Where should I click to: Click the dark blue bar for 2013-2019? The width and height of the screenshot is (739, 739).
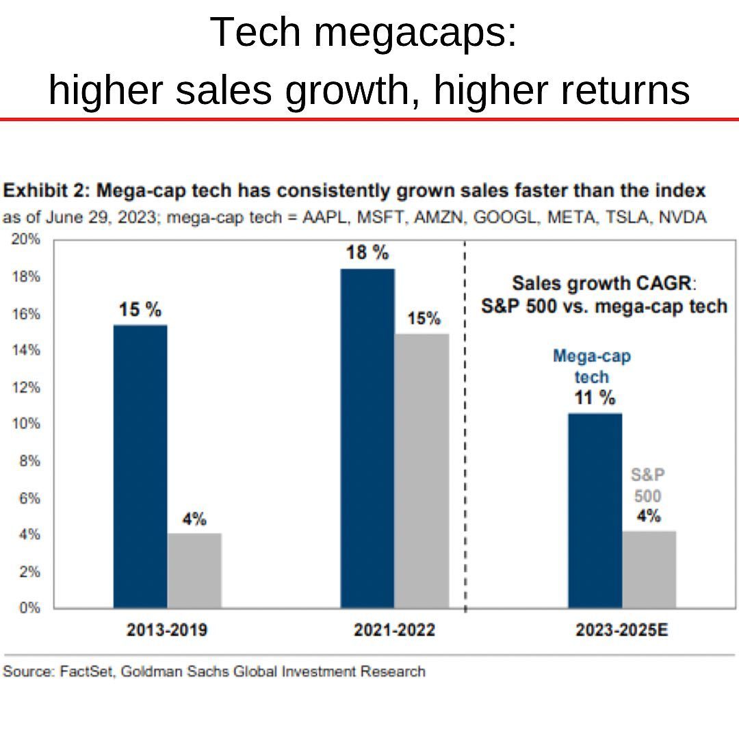[x=140, y=466]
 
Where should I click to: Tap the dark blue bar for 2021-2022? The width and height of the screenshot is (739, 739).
[x=367, y=438]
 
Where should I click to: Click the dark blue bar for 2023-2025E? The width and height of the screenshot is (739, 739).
[x=595, y=510]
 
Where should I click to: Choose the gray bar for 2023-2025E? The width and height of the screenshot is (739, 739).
[x=649, y=569]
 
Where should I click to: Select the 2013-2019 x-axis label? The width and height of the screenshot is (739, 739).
[x=167, y=630]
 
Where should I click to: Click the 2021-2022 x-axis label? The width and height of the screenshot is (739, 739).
[x=394, y=630]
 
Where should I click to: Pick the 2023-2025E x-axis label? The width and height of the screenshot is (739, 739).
[x=621, y=630]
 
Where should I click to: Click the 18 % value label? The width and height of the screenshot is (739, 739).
[x=367, y=252]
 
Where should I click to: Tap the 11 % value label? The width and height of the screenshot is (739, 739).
[x=595, y=397]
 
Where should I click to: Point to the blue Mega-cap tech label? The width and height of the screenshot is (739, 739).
[x=592, y=366]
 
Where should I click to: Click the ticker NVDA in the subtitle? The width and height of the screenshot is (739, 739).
[x=682, y=217]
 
